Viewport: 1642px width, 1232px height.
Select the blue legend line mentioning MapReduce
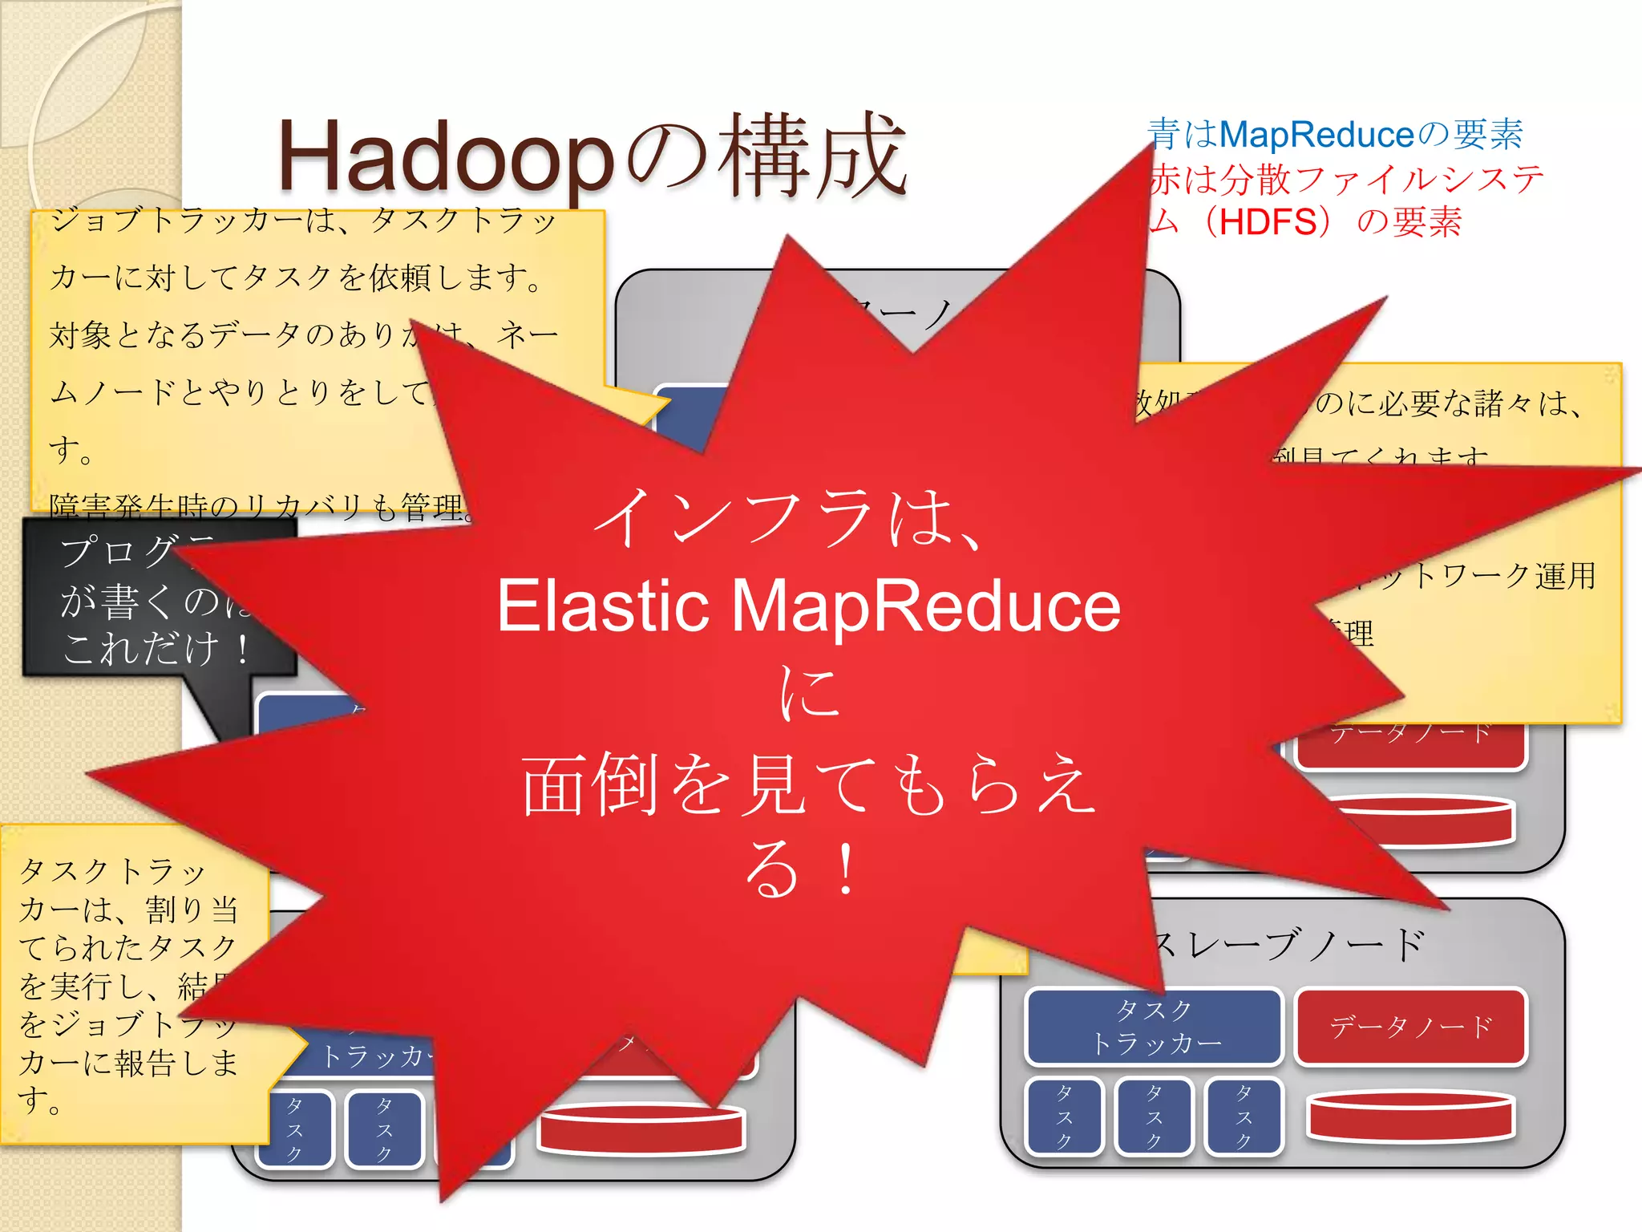[x=1335, y=134]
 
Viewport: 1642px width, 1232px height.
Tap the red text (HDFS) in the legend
[x=1267, y=221]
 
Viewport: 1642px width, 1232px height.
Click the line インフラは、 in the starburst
[x=790, y=520]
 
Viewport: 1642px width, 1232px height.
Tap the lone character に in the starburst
[x=810, y=691]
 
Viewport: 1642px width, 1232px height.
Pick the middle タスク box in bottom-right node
[x=1155, y=1116]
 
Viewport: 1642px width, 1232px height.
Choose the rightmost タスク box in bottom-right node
[x=1244, y=1116]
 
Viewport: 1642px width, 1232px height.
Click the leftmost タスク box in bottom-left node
[x=294, y=1129]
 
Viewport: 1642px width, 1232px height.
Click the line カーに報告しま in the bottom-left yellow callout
[x=128, y=1063]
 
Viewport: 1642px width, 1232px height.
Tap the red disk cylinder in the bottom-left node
[x=641, y=1127]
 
